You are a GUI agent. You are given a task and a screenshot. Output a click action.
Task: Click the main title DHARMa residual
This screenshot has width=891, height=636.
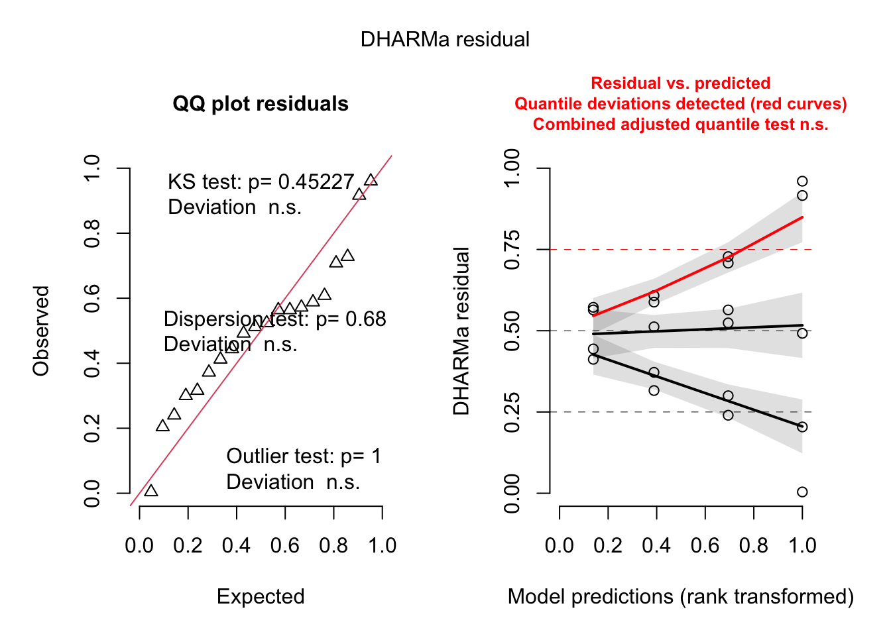click(445, 40)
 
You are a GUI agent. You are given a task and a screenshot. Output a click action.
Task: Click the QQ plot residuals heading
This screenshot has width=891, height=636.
click(261, 104)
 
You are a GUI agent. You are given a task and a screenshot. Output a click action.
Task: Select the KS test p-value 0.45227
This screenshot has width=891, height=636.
click(316, 182)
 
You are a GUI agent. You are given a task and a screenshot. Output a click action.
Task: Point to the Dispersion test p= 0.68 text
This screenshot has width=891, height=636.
click(274, 319)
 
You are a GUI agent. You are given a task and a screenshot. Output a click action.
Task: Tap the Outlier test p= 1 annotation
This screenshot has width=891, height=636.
click(304, 456)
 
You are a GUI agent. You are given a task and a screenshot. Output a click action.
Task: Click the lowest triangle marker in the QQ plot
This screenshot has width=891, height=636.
click(151, 490)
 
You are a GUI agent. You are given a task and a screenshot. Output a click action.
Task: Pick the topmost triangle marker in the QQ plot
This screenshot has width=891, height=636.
click(371, 180)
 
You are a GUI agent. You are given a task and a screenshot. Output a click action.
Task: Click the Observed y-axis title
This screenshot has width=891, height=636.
click(41, 331)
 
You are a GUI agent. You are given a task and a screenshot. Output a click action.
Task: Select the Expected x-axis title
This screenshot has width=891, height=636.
click(261, 597)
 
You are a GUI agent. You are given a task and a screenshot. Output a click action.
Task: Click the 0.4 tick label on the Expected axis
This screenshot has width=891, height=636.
click(237, 546)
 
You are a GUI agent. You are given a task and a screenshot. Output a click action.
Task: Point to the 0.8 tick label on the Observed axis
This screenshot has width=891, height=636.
click(92, 234)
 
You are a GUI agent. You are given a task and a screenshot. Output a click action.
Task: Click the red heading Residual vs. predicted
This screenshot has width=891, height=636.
click(680, 83)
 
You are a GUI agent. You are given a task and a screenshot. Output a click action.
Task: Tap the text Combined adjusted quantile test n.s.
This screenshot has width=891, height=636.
click(680, 125)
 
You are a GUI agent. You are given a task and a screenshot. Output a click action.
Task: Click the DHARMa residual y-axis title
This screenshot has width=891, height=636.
click(461, 331)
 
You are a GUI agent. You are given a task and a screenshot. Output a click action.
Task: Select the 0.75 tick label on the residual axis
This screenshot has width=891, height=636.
click(512, 250)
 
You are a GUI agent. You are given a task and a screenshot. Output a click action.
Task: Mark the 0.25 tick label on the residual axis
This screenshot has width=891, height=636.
click(512, 412)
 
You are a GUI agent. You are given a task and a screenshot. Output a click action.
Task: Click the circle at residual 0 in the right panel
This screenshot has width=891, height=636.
click(802, 492)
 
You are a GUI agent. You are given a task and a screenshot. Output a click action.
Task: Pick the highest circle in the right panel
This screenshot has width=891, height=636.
click(802, 182)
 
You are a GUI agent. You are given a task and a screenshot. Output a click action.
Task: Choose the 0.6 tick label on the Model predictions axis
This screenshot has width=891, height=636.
click(705, 546)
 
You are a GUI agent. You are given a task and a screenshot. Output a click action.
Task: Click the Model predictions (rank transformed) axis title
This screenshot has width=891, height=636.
click(680, 597)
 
